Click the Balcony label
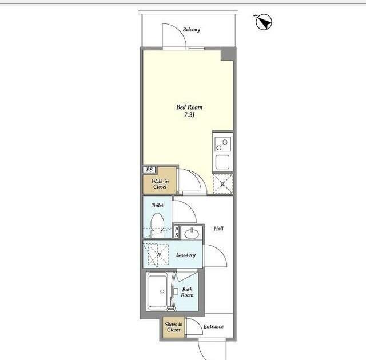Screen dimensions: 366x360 (x=192, y=30)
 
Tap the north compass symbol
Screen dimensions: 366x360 (x=264, y=22)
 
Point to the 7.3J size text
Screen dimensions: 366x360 (x=189, y=115)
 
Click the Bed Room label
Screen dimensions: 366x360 (x=189, y=107)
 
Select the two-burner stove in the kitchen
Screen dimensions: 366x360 (x=222, y=145)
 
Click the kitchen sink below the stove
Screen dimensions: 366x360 (x=222, y=162)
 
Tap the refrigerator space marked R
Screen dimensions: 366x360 (x=223, y=184)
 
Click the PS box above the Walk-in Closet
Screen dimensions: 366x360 (x=149, y=170)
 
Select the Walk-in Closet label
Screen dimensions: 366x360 (x=160, y=184)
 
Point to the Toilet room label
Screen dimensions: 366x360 (x=157, y=205)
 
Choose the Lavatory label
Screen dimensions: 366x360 (x=186, y=255)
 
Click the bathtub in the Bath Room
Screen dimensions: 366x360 (x=158, y=291)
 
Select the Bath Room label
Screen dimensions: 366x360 (x=187, y=292)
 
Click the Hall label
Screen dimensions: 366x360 (x=218, y=229)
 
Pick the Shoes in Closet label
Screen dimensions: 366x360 (x=174, y=327)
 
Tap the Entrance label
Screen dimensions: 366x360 (x=213, y=327)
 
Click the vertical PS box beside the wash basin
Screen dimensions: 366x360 (x=177, y=233)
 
